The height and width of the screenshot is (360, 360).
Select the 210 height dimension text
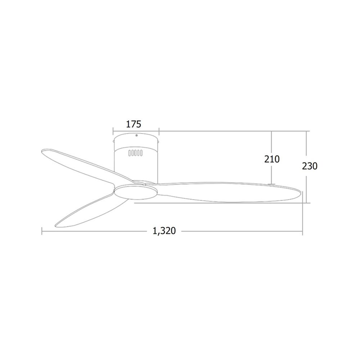[272, 159]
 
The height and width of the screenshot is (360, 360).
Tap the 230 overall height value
[310, 166]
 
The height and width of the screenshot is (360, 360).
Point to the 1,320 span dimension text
[164, 231]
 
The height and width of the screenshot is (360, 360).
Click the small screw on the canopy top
[136, 135]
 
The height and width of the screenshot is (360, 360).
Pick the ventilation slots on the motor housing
[135, 153]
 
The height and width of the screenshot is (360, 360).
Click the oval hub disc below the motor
[136, 192]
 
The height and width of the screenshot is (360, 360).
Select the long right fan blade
[229, 192]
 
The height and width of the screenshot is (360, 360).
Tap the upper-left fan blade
[87, 165]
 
